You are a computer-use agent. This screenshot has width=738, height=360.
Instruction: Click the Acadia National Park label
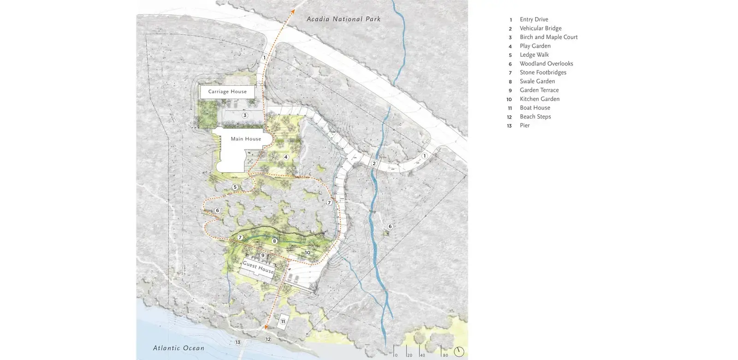[344, 19]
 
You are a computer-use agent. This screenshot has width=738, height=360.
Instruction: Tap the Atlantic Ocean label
[179, 348]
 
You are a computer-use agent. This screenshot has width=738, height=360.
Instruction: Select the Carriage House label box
[227, 91]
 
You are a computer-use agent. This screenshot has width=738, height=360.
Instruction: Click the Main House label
[246, 139]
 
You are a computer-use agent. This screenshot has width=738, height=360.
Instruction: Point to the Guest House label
[258, 267]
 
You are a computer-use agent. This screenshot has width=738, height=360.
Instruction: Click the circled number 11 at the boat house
[283, 322]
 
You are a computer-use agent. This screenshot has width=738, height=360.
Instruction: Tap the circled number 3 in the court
[245, 115]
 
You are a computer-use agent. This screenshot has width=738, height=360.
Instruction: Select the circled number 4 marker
[286, 157]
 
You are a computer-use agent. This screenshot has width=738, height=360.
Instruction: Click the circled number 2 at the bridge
[374, 163]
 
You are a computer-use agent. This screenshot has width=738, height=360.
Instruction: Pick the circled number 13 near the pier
[238, 342]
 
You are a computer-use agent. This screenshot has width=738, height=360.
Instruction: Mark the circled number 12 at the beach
[268, 339]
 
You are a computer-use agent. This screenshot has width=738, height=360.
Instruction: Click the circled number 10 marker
[307, 252]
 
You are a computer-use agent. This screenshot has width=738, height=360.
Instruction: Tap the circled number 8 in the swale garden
[274, 241]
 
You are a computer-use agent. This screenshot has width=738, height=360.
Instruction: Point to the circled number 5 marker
[235, 187]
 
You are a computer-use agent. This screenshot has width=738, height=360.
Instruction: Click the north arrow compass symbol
[459, 352]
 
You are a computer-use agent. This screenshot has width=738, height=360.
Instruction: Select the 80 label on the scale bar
[445, 355]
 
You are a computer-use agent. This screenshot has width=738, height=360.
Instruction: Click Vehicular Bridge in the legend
[541, 28]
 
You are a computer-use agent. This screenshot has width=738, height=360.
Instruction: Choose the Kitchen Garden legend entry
[539, 99]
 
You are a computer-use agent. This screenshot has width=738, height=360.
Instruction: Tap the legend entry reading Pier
[524, 126]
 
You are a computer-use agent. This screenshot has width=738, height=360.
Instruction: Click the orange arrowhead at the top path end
[292, 11]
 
